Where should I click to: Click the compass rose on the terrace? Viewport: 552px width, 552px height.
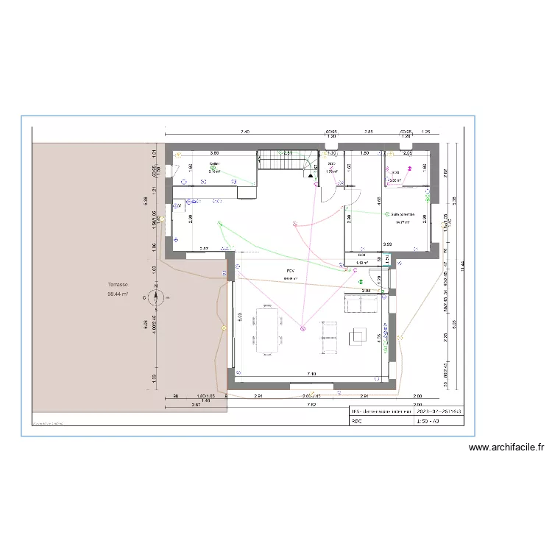click(157, 297)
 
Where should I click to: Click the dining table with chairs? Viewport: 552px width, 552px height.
click(266, 329)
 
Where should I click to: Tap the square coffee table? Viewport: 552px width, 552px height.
click(358, 335)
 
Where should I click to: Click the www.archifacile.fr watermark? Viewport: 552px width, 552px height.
click(506, 447)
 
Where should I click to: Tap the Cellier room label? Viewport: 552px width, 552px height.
click(214, 163)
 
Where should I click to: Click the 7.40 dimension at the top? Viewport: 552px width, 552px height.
click(245, 132)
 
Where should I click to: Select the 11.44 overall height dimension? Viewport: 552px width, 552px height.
click(463, 265)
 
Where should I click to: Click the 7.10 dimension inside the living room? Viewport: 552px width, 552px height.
click(311, 374)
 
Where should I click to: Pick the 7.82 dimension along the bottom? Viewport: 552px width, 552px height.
click(311, 405)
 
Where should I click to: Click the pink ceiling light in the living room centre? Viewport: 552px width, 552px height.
click(302, 329)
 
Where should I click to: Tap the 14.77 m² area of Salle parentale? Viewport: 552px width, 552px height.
click(403, 222)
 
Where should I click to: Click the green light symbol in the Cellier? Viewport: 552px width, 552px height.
click(213, 169)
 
